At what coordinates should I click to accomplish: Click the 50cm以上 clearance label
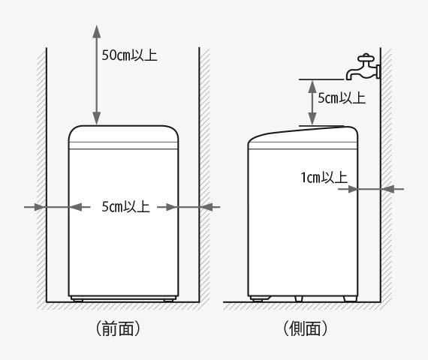129,55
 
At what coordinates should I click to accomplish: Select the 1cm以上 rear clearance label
324,178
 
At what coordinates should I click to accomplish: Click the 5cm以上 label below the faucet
342,98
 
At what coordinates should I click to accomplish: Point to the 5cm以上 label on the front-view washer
125,206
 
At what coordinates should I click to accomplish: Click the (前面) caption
118,328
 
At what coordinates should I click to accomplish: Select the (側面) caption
305,328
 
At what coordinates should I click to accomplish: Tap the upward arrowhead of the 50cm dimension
96,31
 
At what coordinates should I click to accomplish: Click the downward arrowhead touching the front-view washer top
96,118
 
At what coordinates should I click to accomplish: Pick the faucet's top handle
366,57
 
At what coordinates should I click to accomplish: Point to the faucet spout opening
349,78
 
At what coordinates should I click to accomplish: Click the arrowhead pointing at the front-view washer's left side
75,207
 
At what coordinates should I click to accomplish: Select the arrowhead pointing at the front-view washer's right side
172,207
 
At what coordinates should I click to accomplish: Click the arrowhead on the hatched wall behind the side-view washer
387,189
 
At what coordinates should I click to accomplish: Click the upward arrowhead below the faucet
312,86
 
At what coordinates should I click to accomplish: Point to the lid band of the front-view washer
123,145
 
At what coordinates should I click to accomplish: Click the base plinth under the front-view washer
123,298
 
